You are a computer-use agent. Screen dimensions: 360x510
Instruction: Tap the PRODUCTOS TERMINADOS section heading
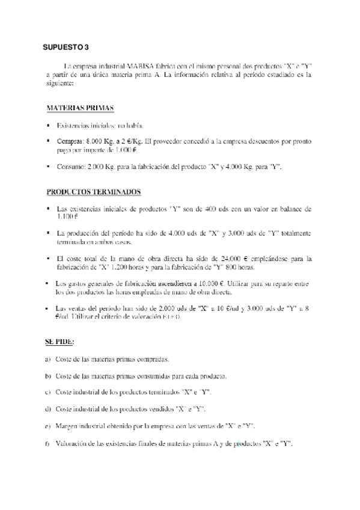(93, 192)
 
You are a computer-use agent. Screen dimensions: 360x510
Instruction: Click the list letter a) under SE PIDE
(47, 360)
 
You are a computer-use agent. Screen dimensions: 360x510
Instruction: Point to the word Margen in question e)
(67, 426)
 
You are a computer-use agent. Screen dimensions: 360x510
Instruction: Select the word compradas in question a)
(150, 360)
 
